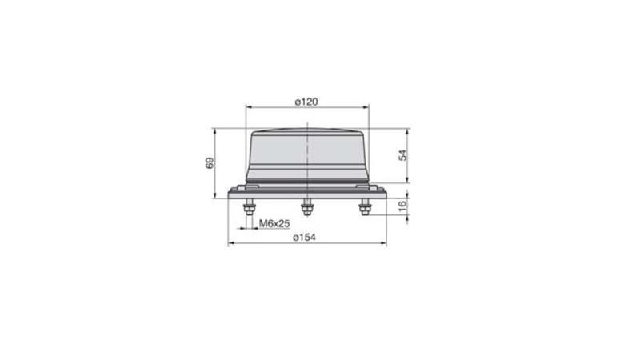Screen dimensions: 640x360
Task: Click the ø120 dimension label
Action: (x=306, y=102)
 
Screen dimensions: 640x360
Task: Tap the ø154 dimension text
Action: (x=305, y=237)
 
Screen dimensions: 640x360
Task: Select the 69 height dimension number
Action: (x=210, y=163)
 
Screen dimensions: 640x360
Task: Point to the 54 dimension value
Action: (x=403, y=155)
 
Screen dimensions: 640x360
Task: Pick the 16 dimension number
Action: (x=403, y=206)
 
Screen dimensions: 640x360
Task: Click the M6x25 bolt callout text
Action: (x=274, y=223)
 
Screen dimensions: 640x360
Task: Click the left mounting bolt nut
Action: (x=249, y=209)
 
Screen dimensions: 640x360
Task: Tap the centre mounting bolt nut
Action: (x=307, y=209)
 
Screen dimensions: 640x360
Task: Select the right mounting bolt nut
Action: (x=365, y=209)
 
